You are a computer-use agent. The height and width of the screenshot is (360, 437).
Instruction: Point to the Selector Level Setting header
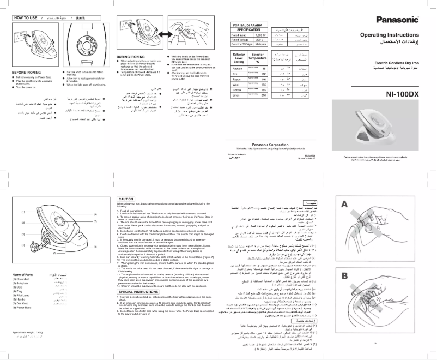tap(239, 58)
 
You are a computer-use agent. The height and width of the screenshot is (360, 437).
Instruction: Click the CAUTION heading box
tap(126, 199)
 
